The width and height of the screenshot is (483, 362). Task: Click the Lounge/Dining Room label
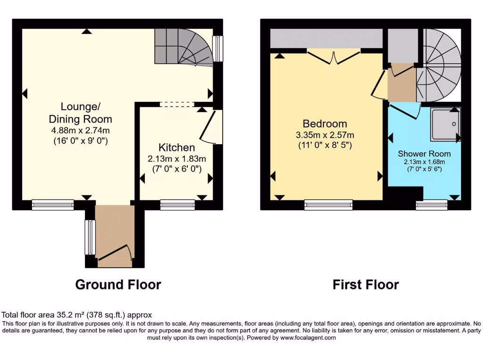click(x=80, y=112)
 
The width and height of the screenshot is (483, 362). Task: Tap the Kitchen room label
click(x=176, y=147)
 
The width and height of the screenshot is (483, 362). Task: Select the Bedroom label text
click(x=325, y=124)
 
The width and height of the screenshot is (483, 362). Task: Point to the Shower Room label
click(x=424, y=154)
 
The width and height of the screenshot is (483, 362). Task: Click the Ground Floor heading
click(x=118, y=285)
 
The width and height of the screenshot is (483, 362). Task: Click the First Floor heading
click(x=366, y=285)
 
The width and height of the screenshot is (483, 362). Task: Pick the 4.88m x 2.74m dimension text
click(x=80, y=131)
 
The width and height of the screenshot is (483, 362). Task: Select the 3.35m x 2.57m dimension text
click(x=325, y=135)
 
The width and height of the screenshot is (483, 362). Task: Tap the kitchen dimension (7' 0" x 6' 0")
click(x=176, y=168)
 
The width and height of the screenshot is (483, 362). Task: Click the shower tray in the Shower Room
click(x=445, y=124)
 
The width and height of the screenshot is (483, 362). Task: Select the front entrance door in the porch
click(x=114, y=253)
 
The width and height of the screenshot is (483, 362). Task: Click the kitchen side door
click(x=209, y=126)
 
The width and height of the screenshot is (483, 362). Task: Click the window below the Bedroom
click(x=328, y=205)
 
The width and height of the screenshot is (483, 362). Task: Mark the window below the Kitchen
click(x=177, y=205)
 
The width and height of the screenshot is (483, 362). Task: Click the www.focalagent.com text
click(x=308, y=337)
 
